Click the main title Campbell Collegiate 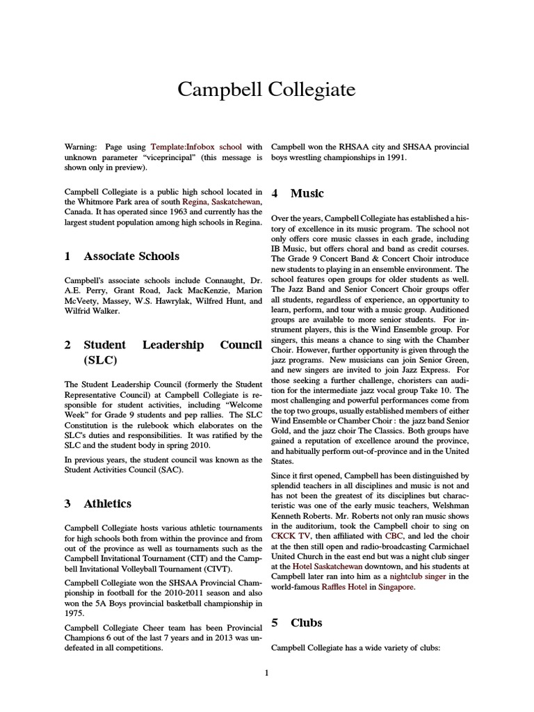pyautogui.click(x=266, y=90)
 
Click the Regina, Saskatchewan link pyautogui.click(x=221, y=202)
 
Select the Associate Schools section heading pyautogui.click(x=131, y=256)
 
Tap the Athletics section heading pyautogui.click(x=107, y=503)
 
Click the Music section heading pyautogui.click(x=307, y=193)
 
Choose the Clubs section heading pyautogui.click(x=306, y=622)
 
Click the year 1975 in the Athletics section pyautogui.click(x=74, y=614)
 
